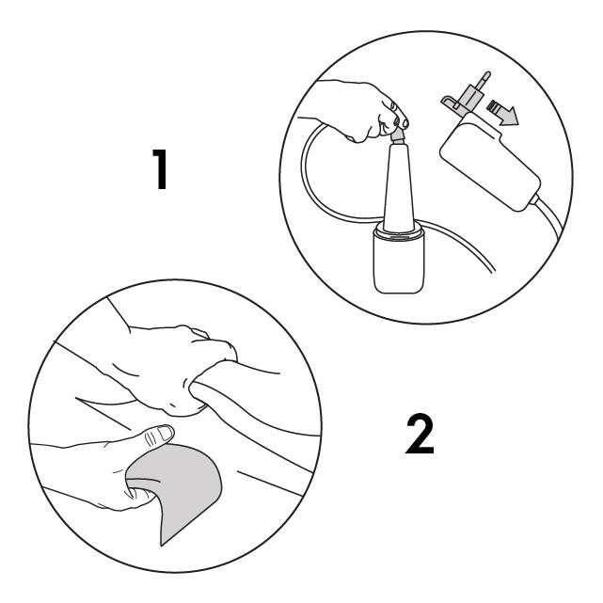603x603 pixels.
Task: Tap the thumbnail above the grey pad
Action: point(162,435)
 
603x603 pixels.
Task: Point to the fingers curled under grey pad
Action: point(136,489)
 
